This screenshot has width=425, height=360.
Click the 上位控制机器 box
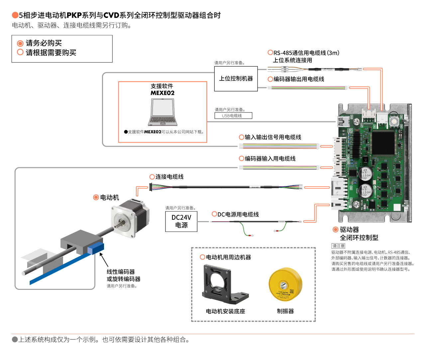[x=236, y=79]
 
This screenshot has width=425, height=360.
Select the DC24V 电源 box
[x=181, y=221]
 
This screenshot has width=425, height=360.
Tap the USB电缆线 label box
[x=233, y=116]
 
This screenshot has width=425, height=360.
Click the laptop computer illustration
[x=162, y=112]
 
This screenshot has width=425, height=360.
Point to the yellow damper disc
[x=285, y=285]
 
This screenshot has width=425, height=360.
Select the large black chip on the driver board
[x=383, y=143]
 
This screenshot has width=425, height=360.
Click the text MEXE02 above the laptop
[x=162, y=93]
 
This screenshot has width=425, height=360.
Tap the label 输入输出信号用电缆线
[x=273, y=137]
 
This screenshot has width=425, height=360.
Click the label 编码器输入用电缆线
[x=270, y=159]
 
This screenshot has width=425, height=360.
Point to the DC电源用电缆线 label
[x=238, y=214]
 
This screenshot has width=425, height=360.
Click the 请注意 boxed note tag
[x=338, y=246]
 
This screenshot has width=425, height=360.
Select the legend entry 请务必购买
[x=44, y=43]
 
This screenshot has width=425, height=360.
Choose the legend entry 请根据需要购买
[x=51, y=53]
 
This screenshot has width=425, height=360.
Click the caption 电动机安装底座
[x=225, y=311]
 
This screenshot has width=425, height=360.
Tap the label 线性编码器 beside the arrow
[x=121, y=272]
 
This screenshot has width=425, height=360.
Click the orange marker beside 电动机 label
[x=96, y=197]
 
